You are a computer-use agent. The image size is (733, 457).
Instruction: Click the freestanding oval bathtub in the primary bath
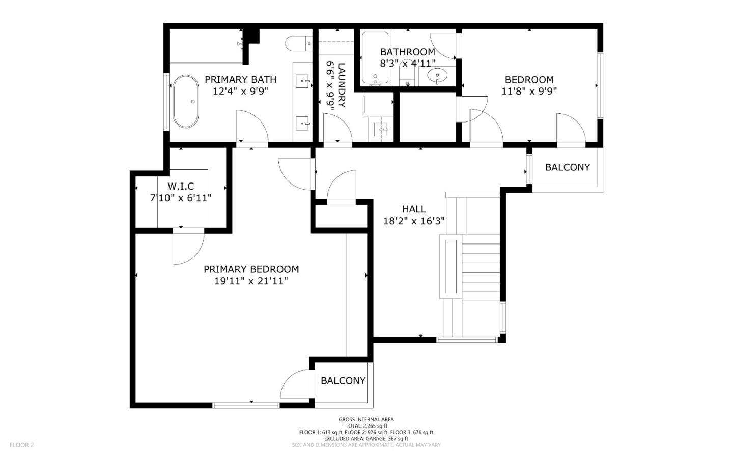(185, 102)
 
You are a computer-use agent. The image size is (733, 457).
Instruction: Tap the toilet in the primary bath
(296, 44)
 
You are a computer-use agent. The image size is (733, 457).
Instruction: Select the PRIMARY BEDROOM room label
(251, 269)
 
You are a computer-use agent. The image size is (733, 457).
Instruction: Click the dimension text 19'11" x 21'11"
(251, 281)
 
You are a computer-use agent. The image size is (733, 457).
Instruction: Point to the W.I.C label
(181, 187)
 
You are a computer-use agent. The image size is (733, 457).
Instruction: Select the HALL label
(414, 209)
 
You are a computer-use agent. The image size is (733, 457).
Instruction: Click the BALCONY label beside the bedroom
(567, 167)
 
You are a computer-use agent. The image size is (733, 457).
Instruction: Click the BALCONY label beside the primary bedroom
(343, 381)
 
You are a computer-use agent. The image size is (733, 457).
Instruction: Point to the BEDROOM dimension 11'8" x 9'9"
(529, 92)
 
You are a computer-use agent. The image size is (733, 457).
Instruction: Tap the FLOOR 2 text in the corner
(21, 445)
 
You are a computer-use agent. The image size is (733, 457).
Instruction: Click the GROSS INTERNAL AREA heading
(366, 419)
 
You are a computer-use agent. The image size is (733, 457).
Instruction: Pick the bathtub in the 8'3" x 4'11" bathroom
(375, 58)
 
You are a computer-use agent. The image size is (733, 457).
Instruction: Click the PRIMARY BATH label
(240, 80)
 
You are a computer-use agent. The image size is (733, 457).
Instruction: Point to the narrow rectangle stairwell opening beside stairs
(450, 266)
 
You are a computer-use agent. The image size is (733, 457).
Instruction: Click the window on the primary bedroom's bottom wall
(246, 405)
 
